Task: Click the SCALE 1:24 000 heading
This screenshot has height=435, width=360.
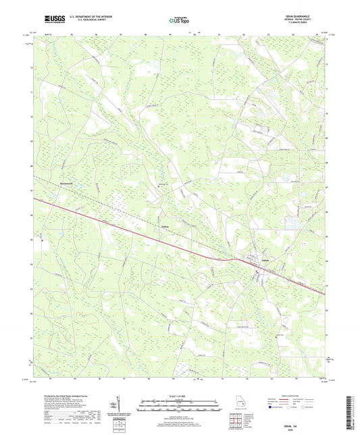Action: coord(179,397)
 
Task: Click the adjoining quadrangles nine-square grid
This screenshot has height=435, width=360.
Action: coord(234,418)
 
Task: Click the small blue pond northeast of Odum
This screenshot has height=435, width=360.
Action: coord(292,223)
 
